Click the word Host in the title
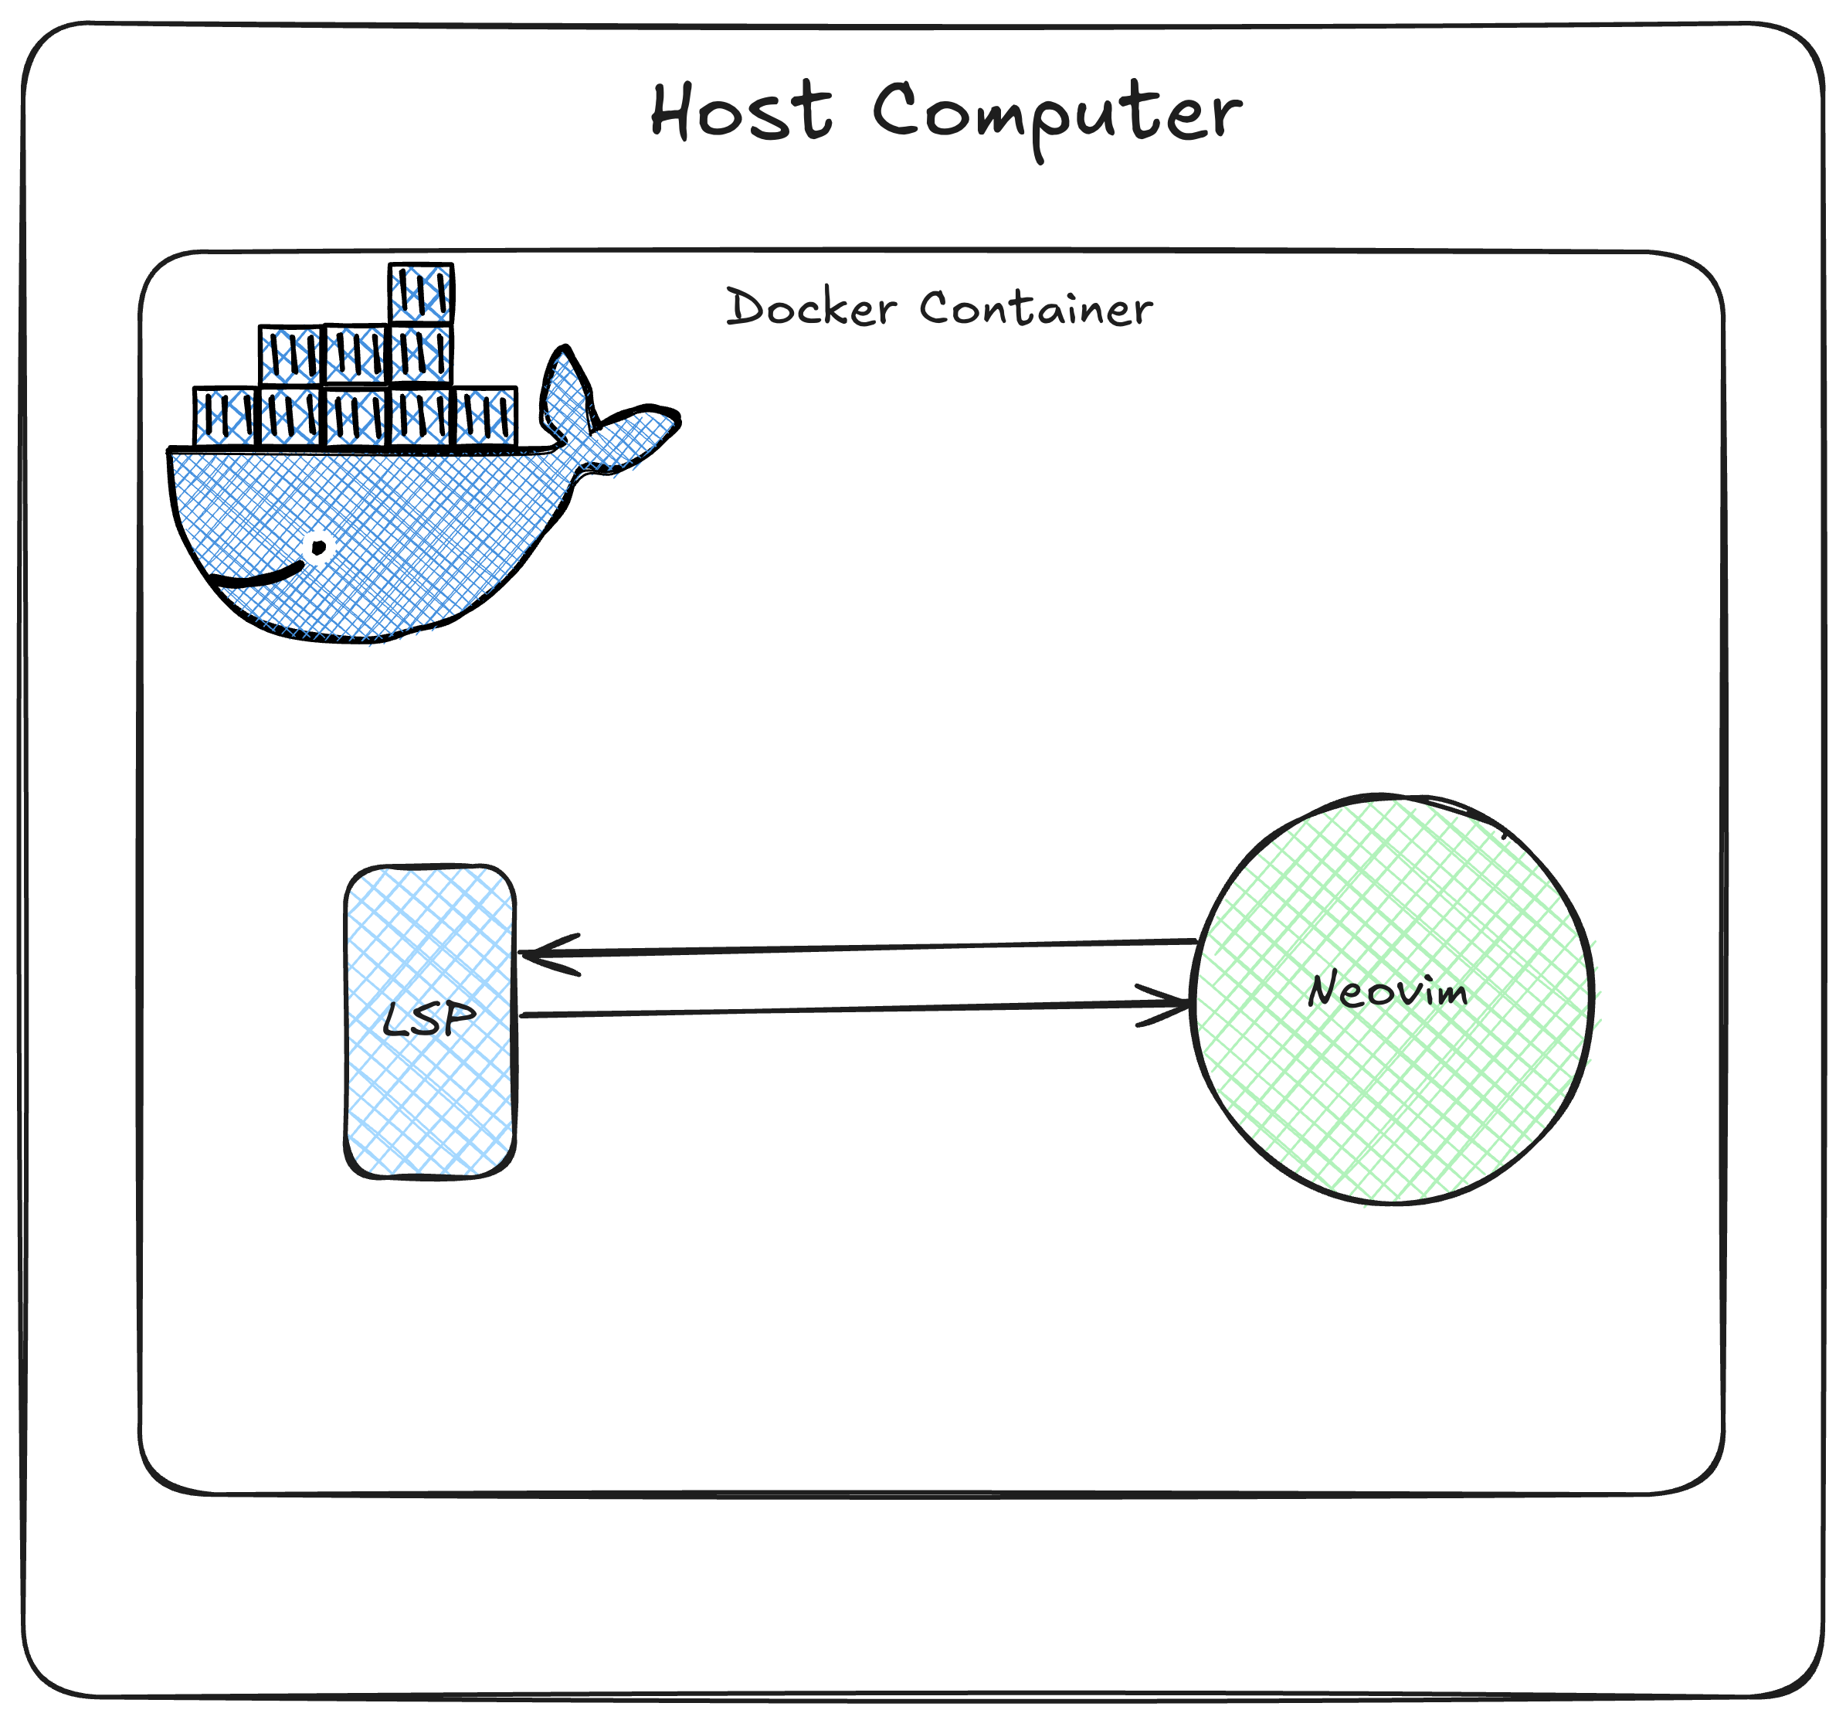pos(740,112)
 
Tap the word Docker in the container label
pos(811,308)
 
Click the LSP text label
pos(429,1019)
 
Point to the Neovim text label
pos(1387,990)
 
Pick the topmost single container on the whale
pos(421,294)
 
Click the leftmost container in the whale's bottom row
pos(224,416)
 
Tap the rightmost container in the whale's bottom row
pos(486,416)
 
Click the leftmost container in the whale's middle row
pos(290,355)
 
